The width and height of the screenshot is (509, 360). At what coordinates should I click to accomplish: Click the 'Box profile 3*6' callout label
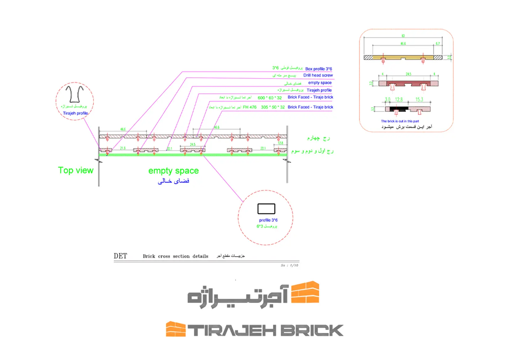click(x=318, y=69)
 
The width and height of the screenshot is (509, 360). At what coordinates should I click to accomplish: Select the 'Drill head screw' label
click(x=318, y=75)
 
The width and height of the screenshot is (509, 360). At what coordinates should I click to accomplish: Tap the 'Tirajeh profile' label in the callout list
click(x=319, y=90)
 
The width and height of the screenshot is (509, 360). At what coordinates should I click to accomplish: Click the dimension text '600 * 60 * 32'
click(x=270, y=98)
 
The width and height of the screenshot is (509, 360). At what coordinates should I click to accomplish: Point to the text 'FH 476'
click(x=250, y=107)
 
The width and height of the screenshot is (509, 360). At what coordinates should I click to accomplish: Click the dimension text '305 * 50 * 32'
click(x=273, y=107)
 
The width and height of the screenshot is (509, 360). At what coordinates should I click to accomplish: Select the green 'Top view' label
click(x=76, y=170)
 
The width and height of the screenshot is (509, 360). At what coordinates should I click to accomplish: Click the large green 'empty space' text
click(x=173, y=171)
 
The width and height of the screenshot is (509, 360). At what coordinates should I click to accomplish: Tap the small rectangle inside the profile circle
click(x=266, y=209)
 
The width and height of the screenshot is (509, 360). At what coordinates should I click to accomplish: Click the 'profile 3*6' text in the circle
click(x=268, y=220)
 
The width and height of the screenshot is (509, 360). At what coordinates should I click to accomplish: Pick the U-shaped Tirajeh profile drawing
click(x=75, y=94)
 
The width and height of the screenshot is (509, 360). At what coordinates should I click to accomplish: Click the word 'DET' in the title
click(x=120, y=256)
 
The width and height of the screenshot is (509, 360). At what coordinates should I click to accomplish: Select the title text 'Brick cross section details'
click(x=175, y=256)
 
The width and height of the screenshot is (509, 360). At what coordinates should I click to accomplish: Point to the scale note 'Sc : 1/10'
click(x=289, y=265)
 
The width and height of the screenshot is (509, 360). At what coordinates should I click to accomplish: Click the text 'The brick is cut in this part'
click(x=400, y=121)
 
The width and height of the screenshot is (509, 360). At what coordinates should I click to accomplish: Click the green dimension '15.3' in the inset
click(x=419, y=100)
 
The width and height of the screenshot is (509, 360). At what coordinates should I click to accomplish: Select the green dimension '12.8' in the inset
click(x=399, y=100)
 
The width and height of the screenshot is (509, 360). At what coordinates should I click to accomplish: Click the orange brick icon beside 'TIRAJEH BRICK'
click(x=176, y=329)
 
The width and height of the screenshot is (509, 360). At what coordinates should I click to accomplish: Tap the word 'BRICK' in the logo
click(x=312, y=330)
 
